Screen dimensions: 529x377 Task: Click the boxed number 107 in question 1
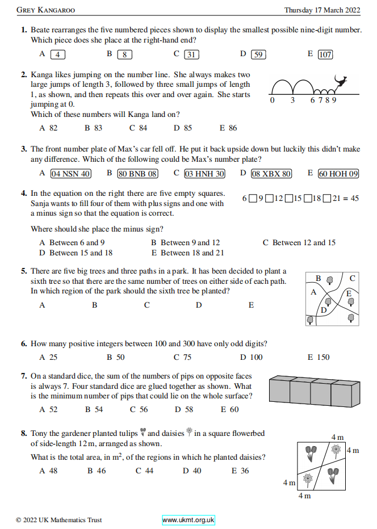click(325, 54)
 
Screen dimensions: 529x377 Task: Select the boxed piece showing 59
click(258, 54)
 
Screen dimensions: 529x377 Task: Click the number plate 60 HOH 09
click(338, 174)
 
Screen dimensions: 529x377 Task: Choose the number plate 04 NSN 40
click(70, 174)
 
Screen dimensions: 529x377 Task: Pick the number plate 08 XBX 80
click(271, 174)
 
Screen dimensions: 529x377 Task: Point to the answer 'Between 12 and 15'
click(299, 242)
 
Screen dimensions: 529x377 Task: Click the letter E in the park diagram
click(349, 293)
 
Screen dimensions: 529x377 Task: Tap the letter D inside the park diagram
click(324, 310)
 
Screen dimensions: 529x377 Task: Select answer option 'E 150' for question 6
click(318, 357)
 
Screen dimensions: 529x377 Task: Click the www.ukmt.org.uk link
click(188, 520)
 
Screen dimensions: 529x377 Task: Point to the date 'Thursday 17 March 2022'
click(322, 10)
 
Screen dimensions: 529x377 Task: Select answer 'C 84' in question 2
click(138, 128)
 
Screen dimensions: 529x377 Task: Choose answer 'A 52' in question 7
click(48, 409)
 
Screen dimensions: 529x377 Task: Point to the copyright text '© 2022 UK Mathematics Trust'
click(59, 520)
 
